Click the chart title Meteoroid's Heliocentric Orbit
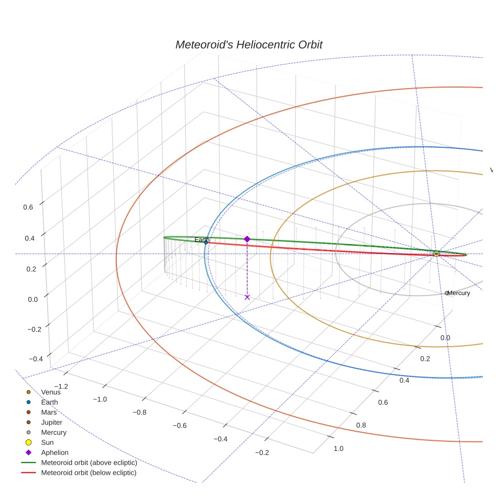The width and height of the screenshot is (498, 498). (x=248, y=45)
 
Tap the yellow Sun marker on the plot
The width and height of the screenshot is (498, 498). (x=436, y=254)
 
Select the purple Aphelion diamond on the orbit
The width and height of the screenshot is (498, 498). (x=247, y=239)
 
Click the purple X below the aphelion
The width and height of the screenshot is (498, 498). (x=247, y=297)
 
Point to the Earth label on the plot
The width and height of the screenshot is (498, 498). (x=202, y=239)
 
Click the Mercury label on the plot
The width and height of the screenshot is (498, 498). (x=459, y=293)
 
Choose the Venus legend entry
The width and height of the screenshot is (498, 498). (x=51, y=392)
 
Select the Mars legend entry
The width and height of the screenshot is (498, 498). (x=49, y=412)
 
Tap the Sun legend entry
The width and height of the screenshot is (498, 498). (x=48, y=443)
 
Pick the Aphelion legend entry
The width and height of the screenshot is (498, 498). (x=55, y=453)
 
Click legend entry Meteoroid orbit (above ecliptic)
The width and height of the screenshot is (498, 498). (x=89, y=463)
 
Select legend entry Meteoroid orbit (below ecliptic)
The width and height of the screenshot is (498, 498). (x=89, y=473)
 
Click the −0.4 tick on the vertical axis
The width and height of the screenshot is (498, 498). (x=35, y=359)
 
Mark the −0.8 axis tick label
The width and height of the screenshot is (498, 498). (x=140, y=412)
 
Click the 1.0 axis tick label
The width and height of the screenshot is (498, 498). (x=339, y=448)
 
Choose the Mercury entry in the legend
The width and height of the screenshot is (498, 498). (x=54, y=433)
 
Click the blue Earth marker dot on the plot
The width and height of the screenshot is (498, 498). (x=206, y=242)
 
